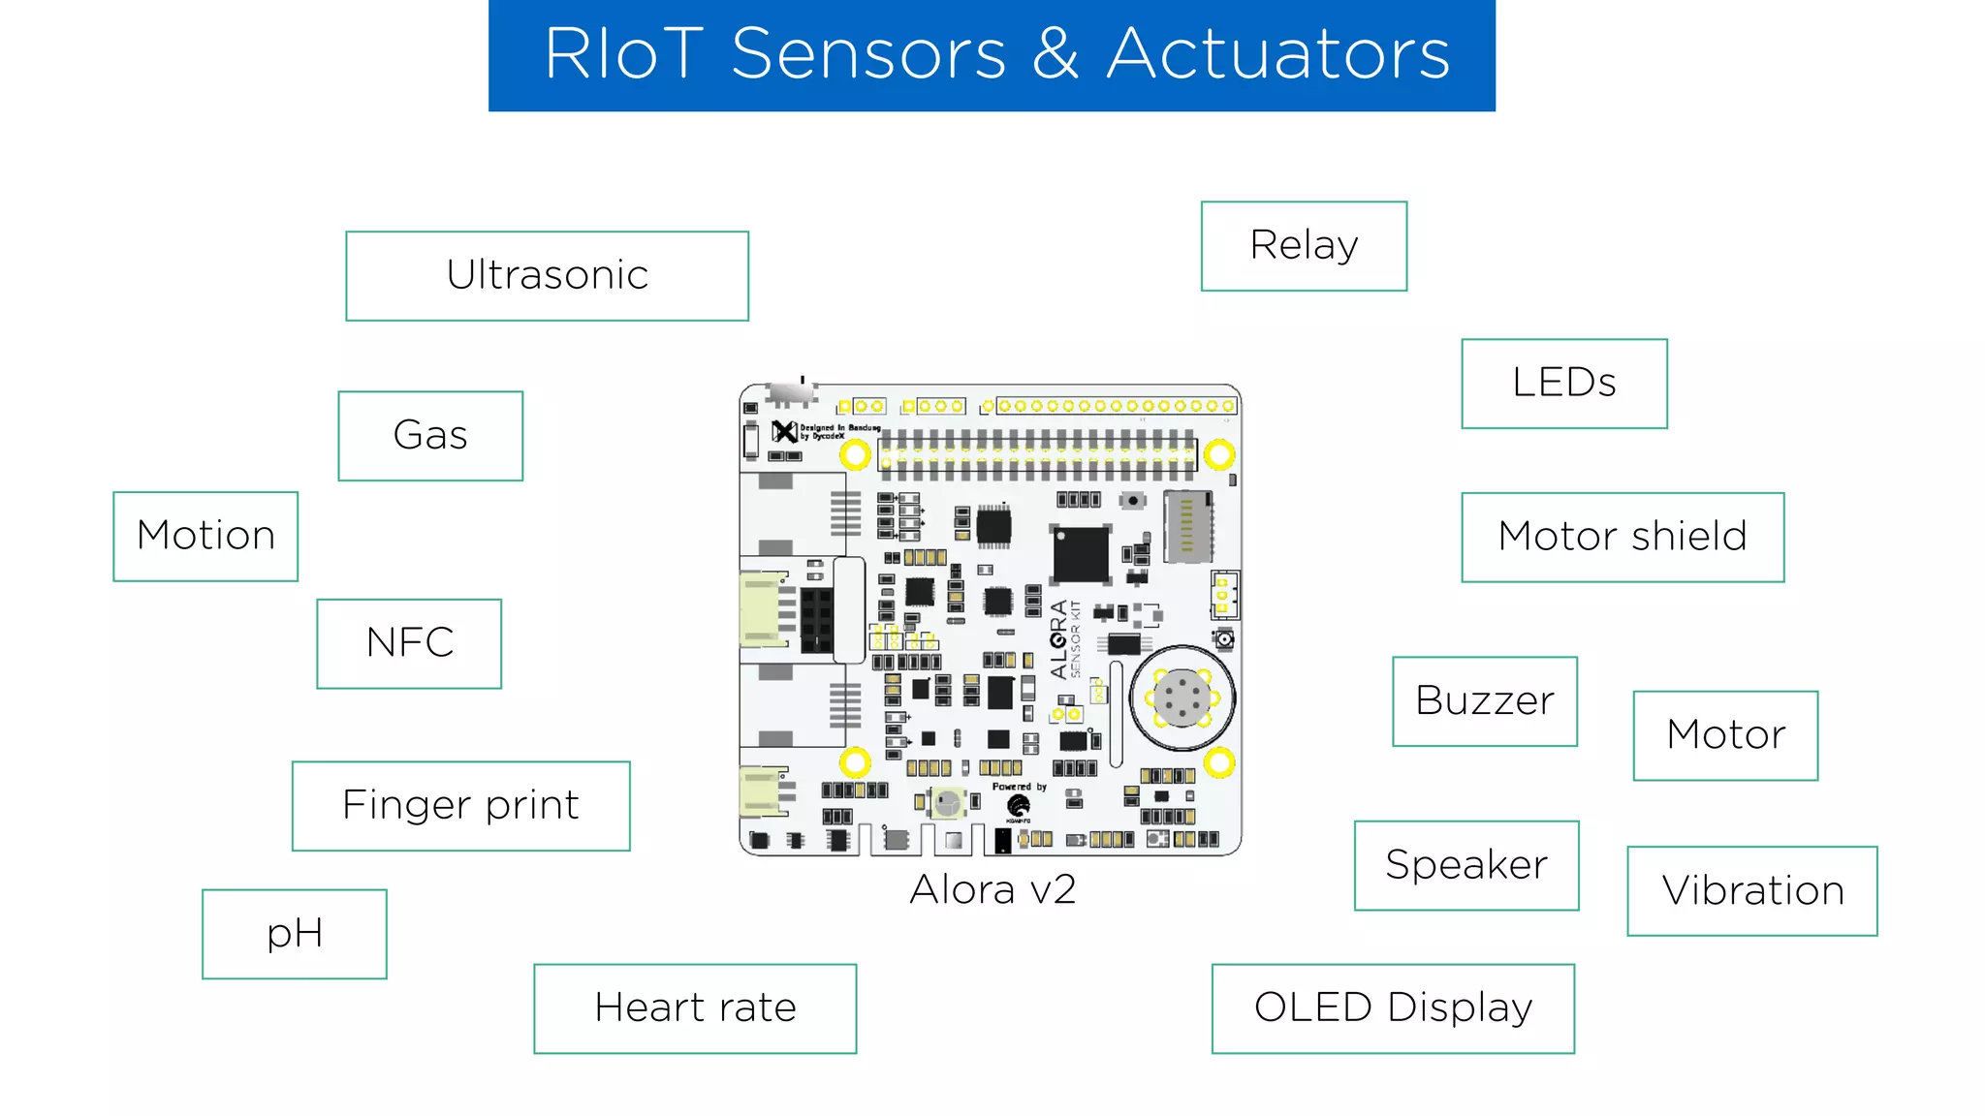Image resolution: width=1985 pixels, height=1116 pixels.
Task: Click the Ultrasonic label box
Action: click(x=547, y=276)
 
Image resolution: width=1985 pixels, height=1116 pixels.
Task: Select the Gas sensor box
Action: click(x=430, y=436)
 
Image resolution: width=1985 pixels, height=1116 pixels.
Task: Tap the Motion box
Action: click(x=205, y=536)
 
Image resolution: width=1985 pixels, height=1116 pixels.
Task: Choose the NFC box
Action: click(x=409, y=643)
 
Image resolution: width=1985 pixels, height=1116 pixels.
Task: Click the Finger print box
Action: click(x=460, y=806)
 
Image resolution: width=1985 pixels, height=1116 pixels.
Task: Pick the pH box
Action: click(x=295, y=934)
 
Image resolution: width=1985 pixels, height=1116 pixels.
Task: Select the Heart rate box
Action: click(x=695, y=1008)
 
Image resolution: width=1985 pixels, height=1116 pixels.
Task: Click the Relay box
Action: click(x=1304, y=246)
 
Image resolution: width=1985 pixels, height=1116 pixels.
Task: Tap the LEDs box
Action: click(x=1564, y=384)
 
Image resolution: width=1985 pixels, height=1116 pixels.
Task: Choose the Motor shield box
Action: click(x=1623, y=537)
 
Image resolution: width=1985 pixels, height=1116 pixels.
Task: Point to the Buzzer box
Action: click(x=1485, y=701)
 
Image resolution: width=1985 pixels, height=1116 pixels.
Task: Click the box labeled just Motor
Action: click(x=1725, y=735)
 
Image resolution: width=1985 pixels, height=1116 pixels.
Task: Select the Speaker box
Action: click(x=1466, y=865)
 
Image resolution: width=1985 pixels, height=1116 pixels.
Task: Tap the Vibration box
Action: click(x=1752, y=891)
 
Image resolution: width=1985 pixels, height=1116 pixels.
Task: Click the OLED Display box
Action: click(x=1393, y=1008)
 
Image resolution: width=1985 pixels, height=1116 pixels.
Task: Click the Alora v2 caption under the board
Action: click(x=992, y=889)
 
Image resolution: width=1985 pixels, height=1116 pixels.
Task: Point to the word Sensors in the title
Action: click(x=868, y=54)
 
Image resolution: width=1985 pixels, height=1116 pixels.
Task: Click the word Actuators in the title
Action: click(x=1278, y=54)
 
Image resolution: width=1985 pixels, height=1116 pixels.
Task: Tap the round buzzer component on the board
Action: click(x=1182, y=697)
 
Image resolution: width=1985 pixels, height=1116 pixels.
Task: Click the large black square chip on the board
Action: click(x=1081, y=554)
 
